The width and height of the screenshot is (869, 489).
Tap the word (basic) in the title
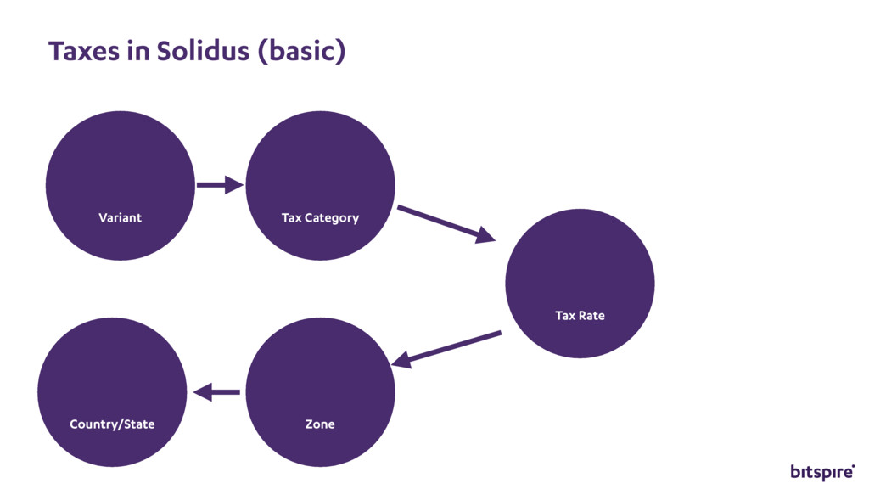[x=301, y=52]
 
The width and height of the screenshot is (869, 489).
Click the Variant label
[x=120, y=218]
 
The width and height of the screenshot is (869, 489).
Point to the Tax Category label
[x=320, y=218]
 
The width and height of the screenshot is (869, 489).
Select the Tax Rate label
[x=580, y=316]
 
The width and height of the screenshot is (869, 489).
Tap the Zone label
[x=320, y=424]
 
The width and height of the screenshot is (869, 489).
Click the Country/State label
[x=112, y=424]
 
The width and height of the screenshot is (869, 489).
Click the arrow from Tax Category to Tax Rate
[x=446, y=223]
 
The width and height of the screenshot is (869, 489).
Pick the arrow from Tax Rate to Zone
[x=446, y=349]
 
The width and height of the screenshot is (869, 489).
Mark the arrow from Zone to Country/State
[x=216, y=392]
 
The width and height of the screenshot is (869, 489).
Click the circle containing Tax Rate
[x=580, y=272]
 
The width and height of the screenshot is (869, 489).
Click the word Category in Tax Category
[x=332, y=218]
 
